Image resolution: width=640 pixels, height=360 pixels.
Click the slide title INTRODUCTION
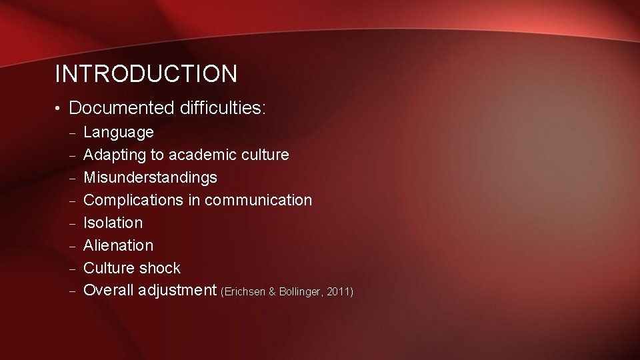145,74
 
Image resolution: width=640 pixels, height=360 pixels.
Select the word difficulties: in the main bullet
221,107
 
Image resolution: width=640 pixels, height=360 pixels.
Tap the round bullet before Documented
59,108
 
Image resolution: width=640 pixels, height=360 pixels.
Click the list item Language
118,133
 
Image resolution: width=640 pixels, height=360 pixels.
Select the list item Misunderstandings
150,178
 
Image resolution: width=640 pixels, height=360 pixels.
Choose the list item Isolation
113,223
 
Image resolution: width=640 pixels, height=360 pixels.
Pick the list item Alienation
118,245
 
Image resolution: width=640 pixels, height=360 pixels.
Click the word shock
159,268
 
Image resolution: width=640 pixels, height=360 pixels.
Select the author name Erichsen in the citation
245,292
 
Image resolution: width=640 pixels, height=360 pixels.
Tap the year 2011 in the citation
339,292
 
